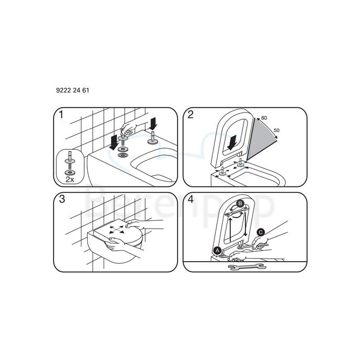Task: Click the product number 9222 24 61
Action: pos(72,90)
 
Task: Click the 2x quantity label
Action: pos(70,179)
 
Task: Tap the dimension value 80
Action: pos(264,118)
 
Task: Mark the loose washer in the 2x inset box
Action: pos(70,171)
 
